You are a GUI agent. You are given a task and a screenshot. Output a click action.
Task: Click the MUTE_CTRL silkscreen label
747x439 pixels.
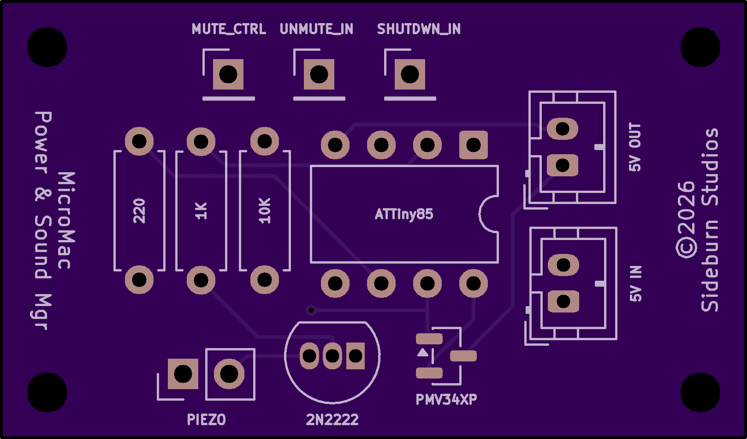click(229, 29)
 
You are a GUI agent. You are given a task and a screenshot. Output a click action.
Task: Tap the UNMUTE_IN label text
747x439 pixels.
click(316, 29)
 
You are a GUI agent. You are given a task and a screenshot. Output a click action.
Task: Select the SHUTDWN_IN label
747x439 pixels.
click(419, 29)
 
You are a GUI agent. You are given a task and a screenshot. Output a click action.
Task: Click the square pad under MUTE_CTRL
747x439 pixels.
click(228, 74)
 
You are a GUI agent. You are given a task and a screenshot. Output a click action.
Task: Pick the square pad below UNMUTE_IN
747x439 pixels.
click(319, 74)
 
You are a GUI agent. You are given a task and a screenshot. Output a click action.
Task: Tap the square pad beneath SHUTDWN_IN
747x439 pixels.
click(410, 74)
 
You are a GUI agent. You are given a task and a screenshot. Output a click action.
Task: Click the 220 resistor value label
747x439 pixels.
click(139, 211)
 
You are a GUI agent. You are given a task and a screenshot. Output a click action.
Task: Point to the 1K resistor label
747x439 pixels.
click(201, 211)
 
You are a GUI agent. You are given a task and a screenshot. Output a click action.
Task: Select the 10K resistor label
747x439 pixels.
click(265, 211)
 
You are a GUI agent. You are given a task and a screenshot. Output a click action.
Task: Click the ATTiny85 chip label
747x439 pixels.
click(404, 214)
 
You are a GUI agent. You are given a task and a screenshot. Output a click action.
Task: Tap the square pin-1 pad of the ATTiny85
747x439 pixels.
click(474, 145)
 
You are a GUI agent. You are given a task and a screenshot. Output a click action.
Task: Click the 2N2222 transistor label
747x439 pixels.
click(332, 420)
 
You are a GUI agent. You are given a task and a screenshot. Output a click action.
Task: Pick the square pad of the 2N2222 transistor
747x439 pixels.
click(356, 356)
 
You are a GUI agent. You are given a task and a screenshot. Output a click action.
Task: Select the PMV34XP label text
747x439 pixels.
click(446, 399)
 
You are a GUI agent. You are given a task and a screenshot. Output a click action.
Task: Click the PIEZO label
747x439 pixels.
click(206, 420)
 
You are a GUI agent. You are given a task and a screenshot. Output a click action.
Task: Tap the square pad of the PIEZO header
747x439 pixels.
click(183, 374)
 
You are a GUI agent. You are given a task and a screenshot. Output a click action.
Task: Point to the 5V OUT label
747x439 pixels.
click(635, 147)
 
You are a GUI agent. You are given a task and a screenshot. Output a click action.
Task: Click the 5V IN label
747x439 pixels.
click(635, 283)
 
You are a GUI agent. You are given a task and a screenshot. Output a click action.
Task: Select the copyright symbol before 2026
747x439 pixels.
click(686, 248)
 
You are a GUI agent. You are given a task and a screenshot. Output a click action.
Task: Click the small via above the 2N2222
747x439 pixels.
click(311, 310)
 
